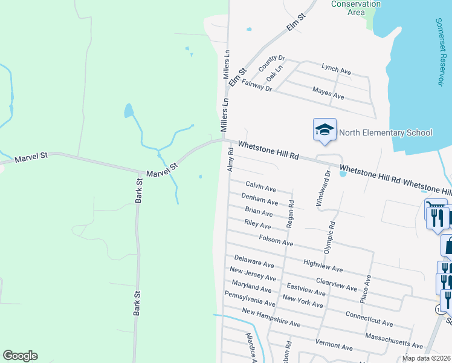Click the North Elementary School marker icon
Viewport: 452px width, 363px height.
pos(324,129)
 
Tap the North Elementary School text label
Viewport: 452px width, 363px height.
pos(386,133)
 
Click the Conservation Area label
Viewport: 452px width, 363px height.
pos(357,8)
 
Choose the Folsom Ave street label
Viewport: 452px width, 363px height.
pos(276,240)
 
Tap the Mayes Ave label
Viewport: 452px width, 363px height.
pos(328,93)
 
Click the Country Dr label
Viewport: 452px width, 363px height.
pos(271,63)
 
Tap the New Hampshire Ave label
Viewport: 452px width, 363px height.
pos(271,318)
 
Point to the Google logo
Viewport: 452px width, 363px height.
pos(20,356)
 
